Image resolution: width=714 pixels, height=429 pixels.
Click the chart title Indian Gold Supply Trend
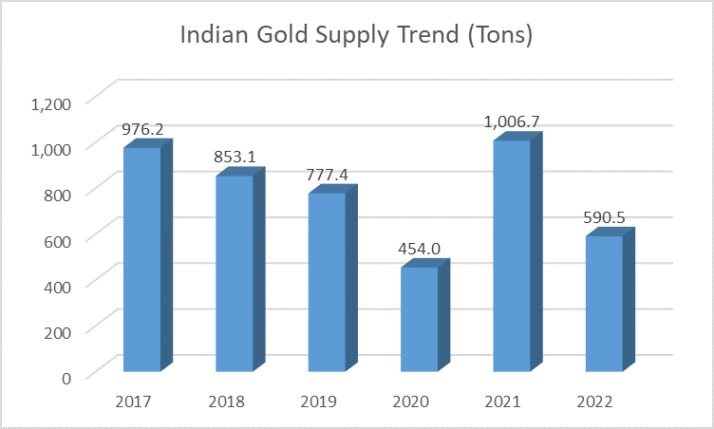click(x=356, y=38)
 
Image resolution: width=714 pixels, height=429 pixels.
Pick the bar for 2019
click(x=326, y=282)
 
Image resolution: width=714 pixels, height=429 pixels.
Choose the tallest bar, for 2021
click(x=511, y=255)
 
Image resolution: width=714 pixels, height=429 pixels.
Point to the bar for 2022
click(x=603, y=303)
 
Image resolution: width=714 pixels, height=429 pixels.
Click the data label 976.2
click(x=144, y=130)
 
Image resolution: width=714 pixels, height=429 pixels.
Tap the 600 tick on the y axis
click(x=58, y=240)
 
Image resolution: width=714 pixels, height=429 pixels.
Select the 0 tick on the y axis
click(x=67, y=378)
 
